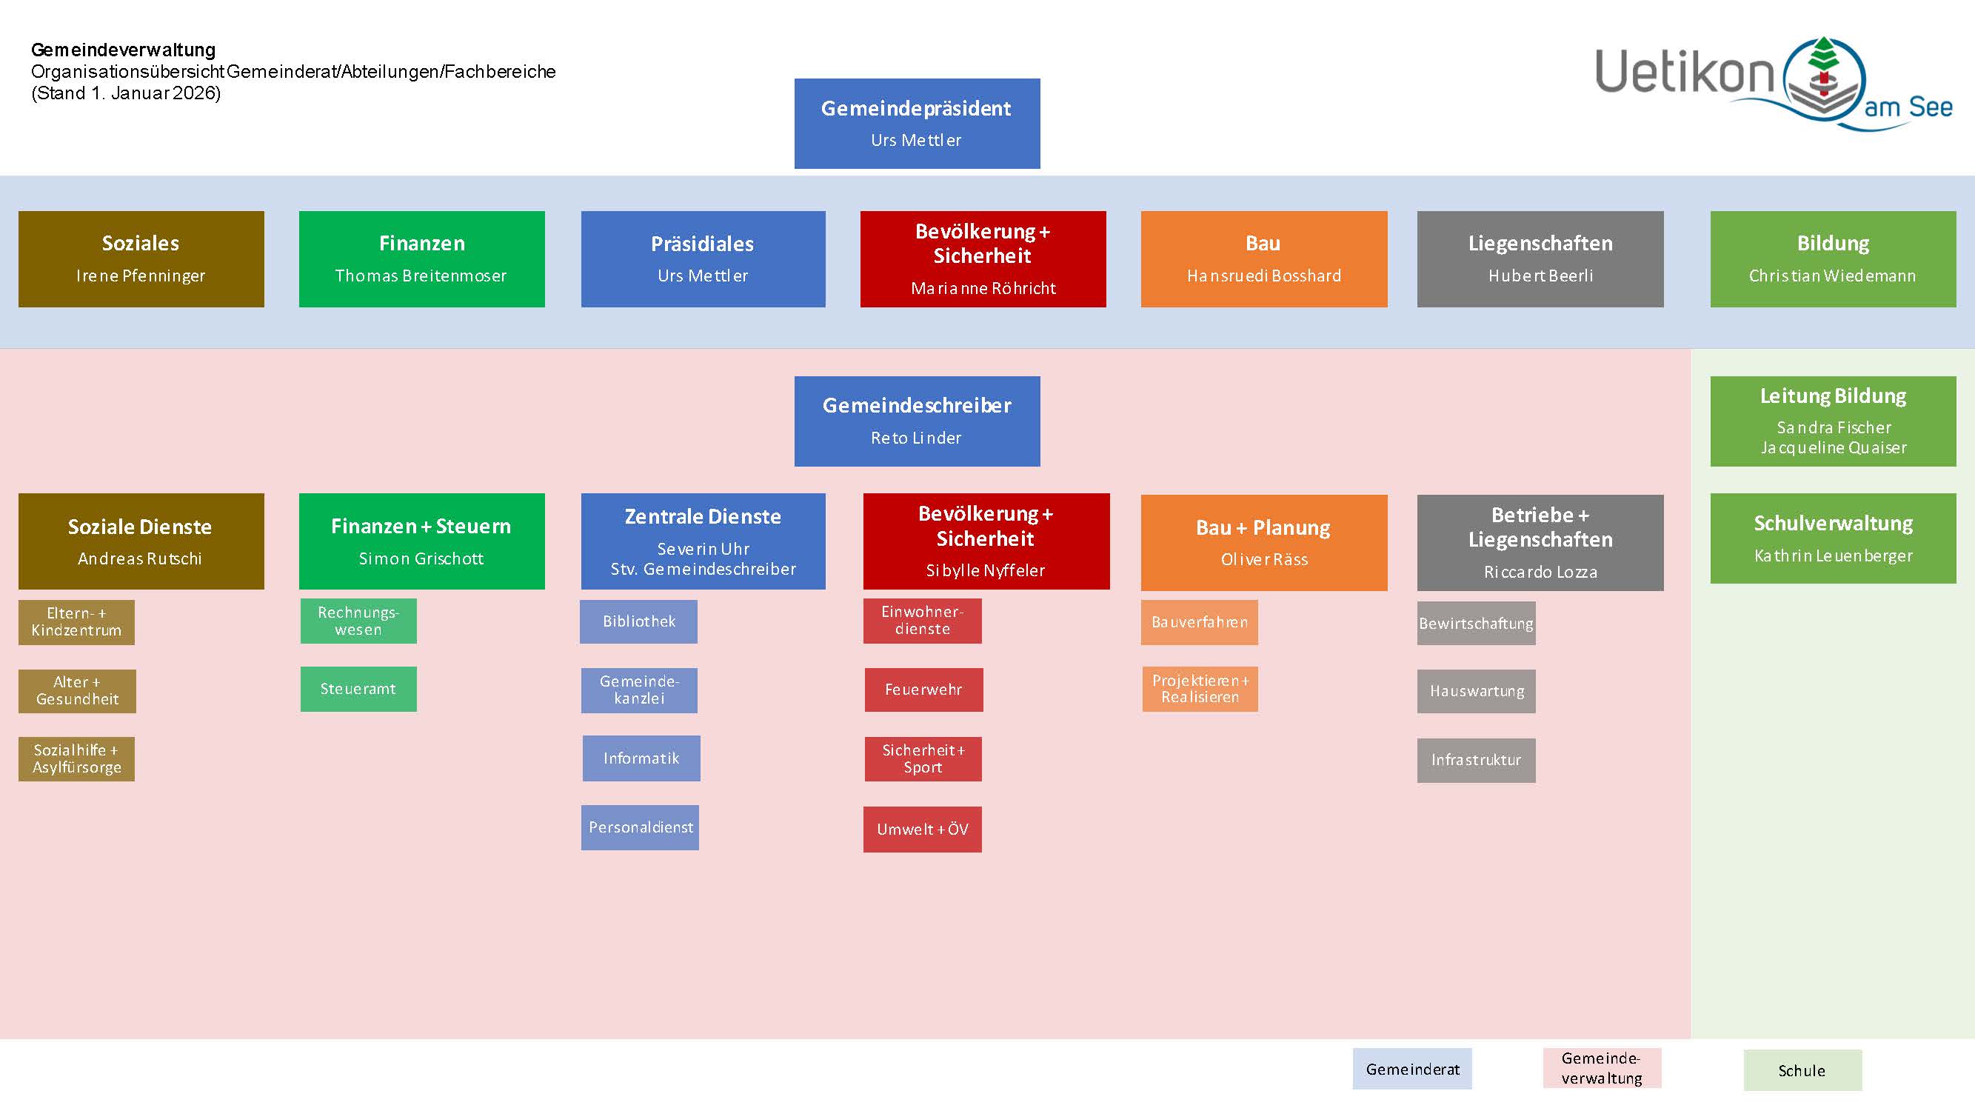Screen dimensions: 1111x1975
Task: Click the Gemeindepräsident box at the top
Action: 917,123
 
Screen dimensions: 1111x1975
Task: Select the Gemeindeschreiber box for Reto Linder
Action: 917,421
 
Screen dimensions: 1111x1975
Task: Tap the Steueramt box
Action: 358,689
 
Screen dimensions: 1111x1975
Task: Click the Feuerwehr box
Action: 923,690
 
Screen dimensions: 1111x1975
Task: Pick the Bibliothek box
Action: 638,621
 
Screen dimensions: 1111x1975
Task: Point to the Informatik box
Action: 641,758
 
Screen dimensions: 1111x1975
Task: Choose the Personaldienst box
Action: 640,827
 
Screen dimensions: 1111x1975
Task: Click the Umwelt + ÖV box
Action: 922,829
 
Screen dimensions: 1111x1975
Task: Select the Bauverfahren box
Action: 1199,622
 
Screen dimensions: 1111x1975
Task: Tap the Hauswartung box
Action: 1476,691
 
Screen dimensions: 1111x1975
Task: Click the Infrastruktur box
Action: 1476,760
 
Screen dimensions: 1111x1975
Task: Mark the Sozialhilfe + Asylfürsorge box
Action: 77,758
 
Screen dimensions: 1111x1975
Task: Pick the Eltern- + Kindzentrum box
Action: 77,622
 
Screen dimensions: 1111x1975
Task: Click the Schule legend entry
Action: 1802,1070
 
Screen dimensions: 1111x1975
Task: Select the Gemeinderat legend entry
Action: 1412,1069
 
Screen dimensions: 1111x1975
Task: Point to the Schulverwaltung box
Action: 1832,538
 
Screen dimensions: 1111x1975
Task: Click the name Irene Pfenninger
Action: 140,276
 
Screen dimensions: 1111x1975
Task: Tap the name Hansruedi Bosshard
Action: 1263,276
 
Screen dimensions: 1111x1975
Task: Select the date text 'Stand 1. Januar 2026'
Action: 127,93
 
